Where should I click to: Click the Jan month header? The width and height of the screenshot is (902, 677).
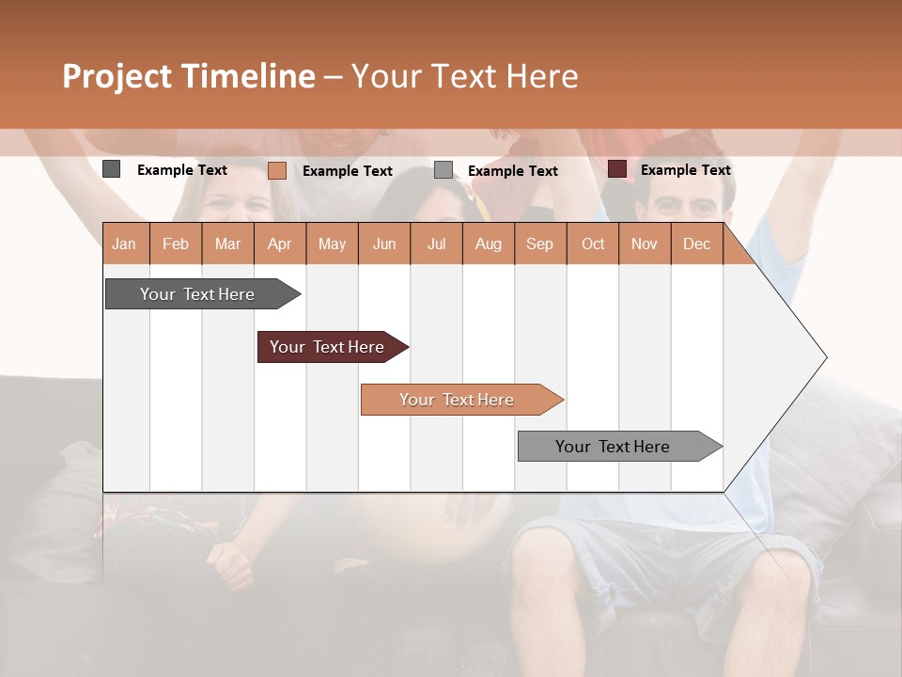point(124,244)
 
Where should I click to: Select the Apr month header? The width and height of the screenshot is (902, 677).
point(280,244)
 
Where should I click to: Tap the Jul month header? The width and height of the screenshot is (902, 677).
point(436,244)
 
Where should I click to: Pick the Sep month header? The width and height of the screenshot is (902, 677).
point(539,244)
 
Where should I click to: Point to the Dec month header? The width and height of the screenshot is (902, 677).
point(696,244)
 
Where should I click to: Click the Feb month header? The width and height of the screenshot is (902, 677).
point(176,244)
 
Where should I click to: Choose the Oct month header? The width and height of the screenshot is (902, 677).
point(593,244)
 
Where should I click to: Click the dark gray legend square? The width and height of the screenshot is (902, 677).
point(112,169)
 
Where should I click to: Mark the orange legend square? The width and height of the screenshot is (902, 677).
point(277,170)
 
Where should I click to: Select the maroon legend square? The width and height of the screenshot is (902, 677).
point(617,169)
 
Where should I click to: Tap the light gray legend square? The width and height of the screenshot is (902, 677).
point(443,170)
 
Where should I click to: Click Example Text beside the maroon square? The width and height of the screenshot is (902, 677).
point(685,169)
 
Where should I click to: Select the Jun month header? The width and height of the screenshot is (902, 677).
point(384,244)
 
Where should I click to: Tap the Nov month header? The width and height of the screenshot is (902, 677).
point(645,244)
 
